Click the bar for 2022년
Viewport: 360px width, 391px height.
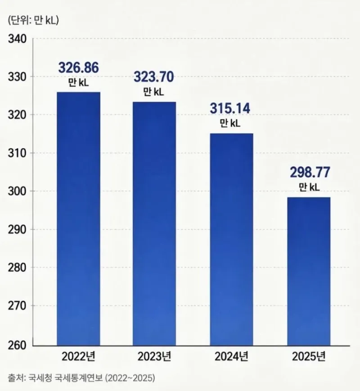coord(78,219)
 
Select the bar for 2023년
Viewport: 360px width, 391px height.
coord(154,224)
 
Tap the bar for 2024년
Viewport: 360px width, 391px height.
coord(231,240)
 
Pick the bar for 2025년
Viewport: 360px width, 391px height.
coord(309,272)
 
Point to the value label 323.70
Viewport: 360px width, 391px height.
coord(154,77)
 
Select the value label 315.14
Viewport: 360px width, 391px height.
coord(229,108)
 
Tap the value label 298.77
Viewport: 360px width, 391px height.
coord(310,172)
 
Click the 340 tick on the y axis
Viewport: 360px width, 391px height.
coord(17,39)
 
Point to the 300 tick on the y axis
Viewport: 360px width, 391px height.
coord(17,191)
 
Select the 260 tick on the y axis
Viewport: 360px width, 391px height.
coord(17,346)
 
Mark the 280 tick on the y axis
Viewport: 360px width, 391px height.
coord(17,268)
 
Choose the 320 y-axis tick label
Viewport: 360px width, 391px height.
coord(17,115)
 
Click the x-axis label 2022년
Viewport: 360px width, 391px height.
coord(78,356)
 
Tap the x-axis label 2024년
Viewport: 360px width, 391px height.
coord(231,356)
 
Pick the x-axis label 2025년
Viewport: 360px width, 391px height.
coord(309,356)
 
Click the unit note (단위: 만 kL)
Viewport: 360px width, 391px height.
coord(33,20)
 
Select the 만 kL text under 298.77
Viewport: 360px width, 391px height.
coord(309,186)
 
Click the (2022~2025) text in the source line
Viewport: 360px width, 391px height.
coord(130,378)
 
